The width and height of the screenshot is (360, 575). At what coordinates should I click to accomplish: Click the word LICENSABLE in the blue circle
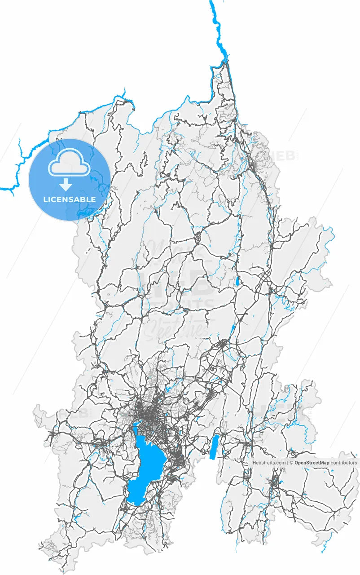[70, 199]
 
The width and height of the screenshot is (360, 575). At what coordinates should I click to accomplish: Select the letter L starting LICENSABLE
[45, 199]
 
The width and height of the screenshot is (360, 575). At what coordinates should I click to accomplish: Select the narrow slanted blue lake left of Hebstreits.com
[214, 447]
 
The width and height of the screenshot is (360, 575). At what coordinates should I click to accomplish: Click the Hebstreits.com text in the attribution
[269, 462]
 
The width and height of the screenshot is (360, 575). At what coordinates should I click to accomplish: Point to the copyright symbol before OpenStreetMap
[291, 462]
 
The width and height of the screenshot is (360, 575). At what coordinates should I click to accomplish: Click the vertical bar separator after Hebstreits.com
[287, 462]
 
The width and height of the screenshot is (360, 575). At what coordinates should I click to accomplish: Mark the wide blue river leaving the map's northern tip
[219, 31]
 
